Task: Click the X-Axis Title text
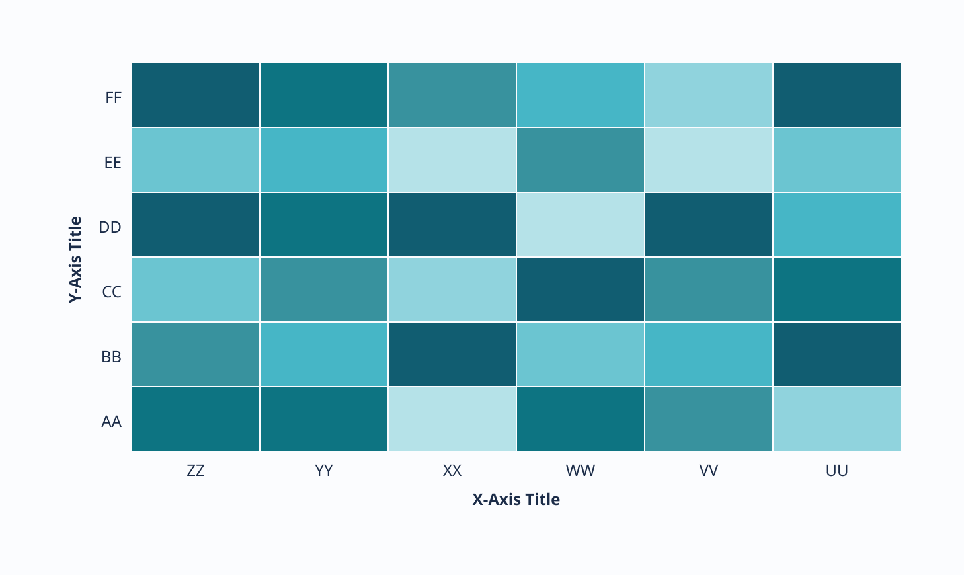[x=516, y=500]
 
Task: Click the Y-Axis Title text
[x=76, y=260]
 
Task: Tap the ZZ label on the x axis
[x=196, y=471]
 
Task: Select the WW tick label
[x=581, y=471]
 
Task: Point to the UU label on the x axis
[x=836, y=471]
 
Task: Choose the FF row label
[x=114, y=98]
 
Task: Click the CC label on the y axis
[x=112, y=292]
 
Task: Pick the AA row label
[x=112, y=422]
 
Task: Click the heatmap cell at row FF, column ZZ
[x=196, y=95]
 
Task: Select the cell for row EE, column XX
[x=452, y=160]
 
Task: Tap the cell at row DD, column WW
[x=581, y=225]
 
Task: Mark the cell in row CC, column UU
[x=836, y=289]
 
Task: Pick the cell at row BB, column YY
[x=324, y=354]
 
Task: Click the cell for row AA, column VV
[x=709, y=419]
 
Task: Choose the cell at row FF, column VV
[x=709, y=95]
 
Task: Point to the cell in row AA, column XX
[x=452, y=419]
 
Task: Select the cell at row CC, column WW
[x=581, y=289]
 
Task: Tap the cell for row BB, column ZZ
[x=196, y=354]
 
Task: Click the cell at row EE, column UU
[x=836, y=160]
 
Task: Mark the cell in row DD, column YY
[x=324, y=225]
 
